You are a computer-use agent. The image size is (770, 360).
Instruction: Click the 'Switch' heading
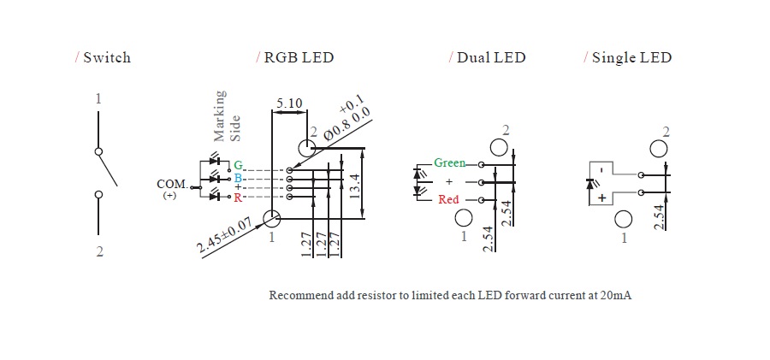107,58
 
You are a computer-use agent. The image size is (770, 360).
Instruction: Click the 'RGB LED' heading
299,58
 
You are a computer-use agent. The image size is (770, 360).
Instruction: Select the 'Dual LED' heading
490,58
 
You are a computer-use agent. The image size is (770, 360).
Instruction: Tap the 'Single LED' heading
631,58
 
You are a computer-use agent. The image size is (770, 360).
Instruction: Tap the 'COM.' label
172,184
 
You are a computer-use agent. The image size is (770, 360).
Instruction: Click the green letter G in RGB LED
238,164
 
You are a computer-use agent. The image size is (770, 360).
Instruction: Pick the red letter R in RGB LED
238,198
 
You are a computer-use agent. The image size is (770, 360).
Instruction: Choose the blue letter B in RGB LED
238,178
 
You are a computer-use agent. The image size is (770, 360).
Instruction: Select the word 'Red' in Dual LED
449,200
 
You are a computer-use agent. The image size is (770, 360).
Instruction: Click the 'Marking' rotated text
220,115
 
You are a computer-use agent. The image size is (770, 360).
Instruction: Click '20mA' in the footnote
617,295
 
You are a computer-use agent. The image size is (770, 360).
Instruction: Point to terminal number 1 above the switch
98,99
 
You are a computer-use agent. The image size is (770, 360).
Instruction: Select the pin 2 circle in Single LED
659,148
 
